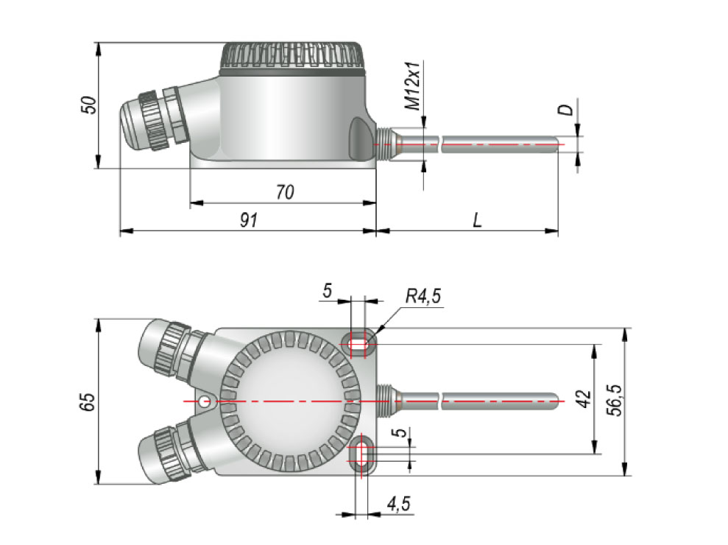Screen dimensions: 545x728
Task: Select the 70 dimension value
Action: click(x=285, y=192)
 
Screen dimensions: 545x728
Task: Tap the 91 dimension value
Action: click(x=249, y=220)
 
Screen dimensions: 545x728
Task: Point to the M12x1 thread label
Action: click(x=414, y=86)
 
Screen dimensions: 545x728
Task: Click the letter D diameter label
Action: click(x=565, y=110)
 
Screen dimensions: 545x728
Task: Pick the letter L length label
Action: click(x=477, y=220)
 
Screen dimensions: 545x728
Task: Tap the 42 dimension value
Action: click(x=583, y=400)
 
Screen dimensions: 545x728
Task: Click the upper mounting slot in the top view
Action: click(x=360, y=342)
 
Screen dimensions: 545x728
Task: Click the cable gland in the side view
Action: click(x=151, y=122)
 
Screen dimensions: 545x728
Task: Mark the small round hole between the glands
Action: click(x=205, y=401)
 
